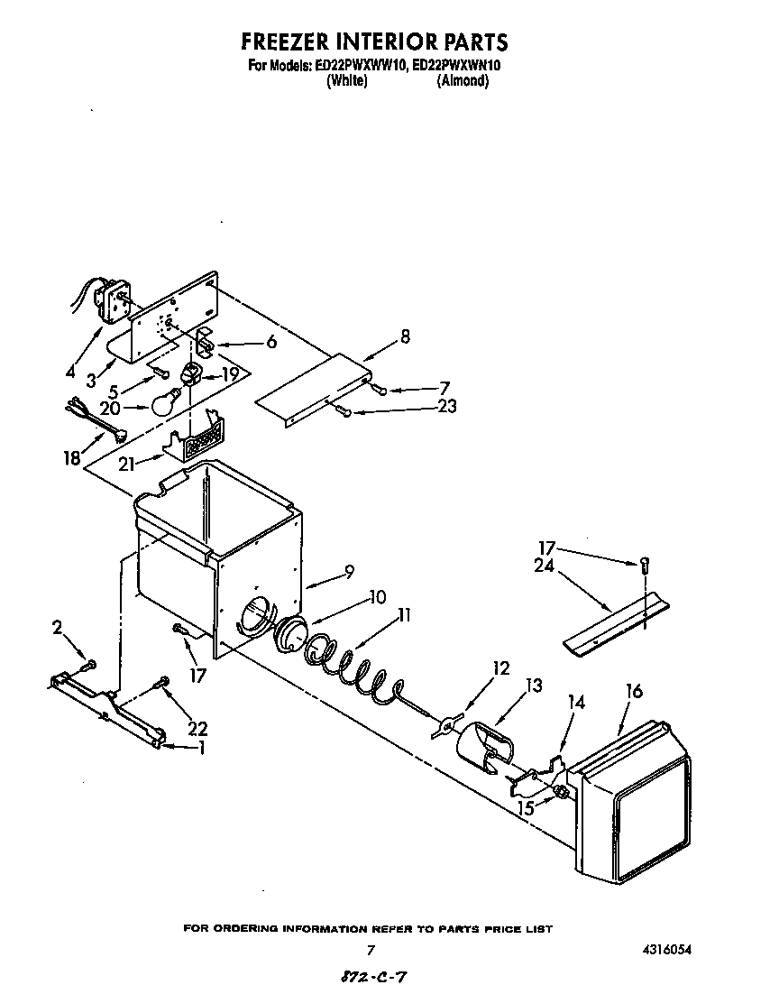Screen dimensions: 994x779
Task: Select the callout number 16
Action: [x=634, y=691]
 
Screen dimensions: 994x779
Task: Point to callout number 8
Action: [x=405, y=336]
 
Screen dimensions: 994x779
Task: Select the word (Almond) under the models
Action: [x=463, y=80]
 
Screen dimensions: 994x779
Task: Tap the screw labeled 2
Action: [x=88, y=666]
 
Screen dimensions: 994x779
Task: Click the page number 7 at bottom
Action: [x=370, y=950]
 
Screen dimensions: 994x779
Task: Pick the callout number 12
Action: [x=500, y=668]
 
